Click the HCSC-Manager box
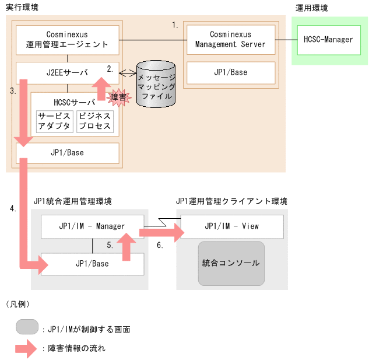click(x=329, y=40)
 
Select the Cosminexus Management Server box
click(x=230, y=40)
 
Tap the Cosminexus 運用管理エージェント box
click(x=68, y=40)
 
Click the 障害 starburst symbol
click(x=118, y=97)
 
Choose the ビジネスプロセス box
click(x=94, y=121)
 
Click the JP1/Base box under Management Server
click(x=230, y=72)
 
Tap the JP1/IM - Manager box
click(x=92, y=226)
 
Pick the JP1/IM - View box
click(x=231, y=226)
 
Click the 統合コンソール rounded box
click(x=231, y=263)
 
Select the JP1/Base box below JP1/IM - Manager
click(x=92, y=264)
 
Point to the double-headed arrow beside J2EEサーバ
click(x=128, y=74)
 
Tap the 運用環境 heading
click(x=311, y=8)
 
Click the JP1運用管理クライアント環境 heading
click(x=231, y=201)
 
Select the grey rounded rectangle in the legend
click(x=27, y=327)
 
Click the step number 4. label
click(x=13, y=208)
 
